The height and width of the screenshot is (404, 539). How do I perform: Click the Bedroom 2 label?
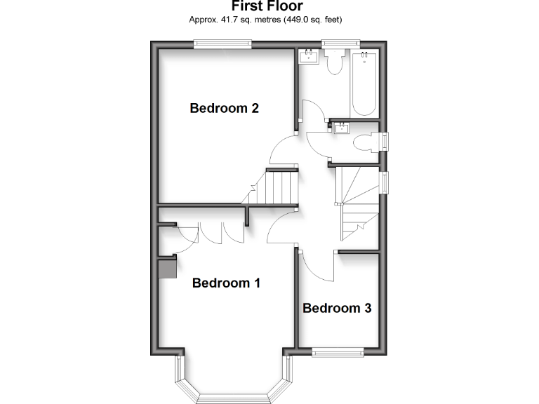coord(225,108)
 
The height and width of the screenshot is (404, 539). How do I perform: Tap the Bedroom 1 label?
coord(226,283)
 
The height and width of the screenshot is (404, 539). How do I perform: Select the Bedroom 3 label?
coord(337,308)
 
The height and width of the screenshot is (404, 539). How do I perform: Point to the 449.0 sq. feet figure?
coord(312,20)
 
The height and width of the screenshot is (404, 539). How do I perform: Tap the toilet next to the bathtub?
coord(334,63)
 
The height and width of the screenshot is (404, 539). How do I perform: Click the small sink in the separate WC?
coord(342,127)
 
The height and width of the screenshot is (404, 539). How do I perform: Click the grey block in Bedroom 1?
coord(166,267)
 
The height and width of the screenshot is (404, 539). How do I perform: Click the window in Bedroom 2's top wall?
coord(223,44)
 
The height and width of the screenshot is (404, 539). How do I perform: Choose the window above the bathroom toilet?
coord(340,44)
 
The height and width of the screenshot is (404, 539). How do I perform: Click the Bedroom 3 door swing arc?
coord(316,267)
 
